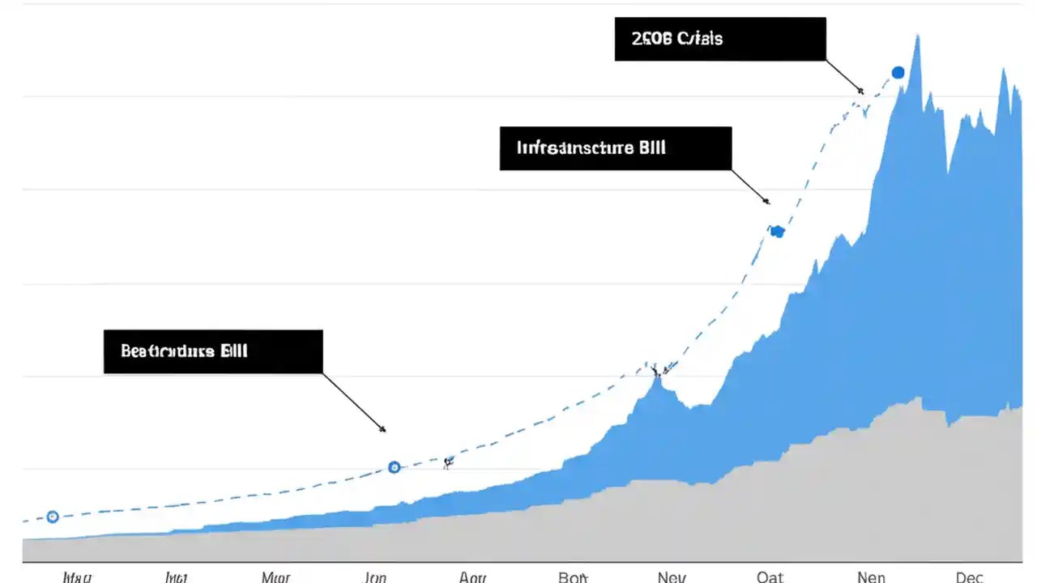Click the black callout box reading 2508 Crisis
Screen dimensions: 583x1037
click(x=720, y=39)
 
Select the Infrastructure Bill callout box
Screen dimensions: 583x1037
click(x=615, y=148)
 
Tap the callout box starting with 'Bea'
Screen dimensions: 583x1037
click(x=213, y=351)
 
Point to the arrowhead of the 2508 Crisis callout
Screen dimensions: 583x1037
click(x=862, y=92)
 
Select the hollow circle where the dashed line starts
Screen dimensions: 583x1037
click(x=53, y=517)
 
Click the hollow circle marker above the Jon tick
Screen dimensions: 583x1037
click(x=395, y=467)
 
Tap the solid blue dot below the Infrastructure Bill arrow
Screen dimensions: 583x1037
click(x=777, y=232)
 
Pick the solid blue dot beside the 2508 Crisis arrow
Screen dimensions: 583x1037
click(x=898, y=73)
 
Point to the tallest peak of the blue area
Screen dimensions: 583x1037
click(x=917, y=37)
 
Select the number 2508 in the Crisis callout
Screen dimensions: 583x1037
click(x=652, y=39)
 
